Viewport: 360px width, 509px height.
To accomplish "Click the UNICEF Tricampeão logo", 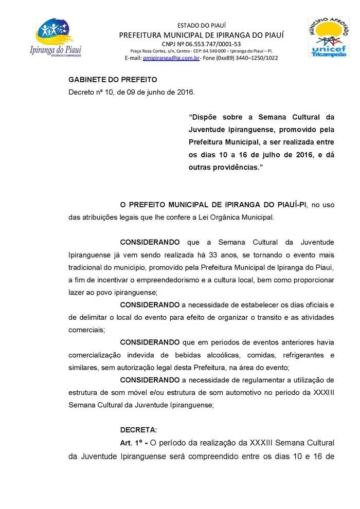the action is tap(328, 37).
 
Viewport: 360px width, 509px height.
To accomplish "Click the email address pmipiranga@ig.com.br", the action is tap(171, 58).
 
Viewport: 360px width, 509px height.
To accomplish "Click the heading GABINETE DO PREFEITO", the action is tap(113, 80).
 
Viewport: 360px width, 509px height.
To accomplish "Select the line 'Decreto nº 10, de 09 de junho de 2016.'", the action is tap(131, 92).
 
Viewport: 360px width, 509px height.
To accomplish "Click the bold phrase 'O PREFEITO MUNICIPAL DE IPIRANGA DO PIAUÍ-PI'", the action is tap(213, 205).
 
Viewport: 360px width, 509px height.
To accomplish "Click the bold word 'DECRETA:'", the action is tap(138, 430).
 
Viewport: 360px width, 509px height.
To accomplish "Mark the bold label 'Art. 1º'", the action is tap(131, 443).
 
